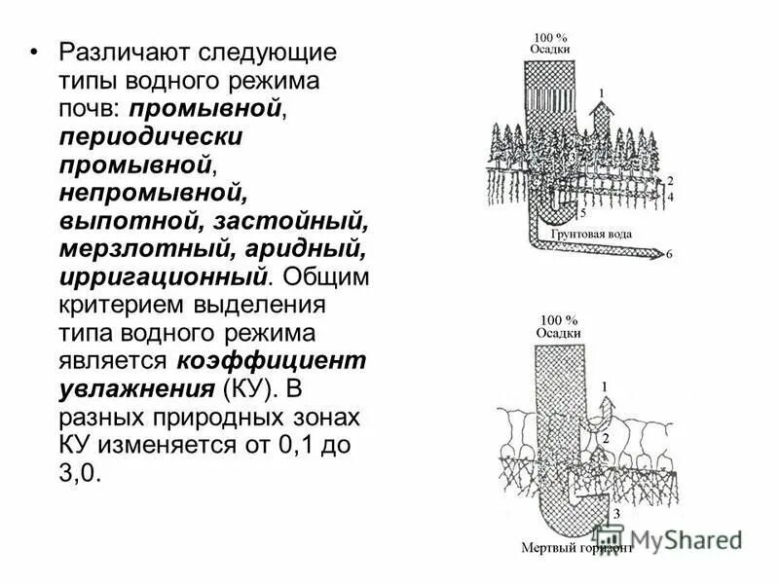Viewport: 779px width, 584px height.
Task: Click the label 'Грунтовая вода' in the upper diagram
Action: point(590,234)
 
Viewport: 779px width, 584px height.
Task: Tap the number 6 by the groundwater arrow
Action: point(668,255)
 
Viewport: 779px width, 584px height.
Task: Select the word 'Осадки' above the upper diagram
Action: point(550,50)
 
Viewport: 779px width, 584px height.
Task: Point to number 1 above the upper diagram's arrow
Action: point(601,94)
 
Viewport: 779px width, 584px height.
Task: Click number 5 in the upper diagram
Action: point(582,211)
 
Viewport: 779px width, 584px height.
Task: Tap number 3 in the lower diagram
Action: point(615,512)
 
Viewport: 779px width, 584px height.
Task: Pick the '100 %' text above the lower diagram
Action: point(558,319)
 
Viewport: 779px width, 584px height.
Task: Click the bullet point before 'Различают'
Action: point(35,53)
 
